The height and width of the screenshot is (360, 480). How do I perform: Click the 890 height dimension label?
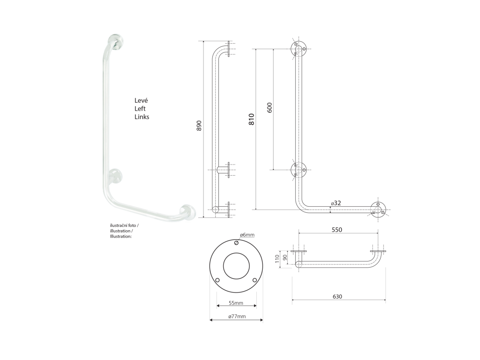199,126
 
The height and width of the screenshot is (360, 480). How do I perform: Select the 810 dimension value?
251,119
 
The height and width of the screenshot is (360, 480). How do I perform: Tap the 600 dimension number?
270,108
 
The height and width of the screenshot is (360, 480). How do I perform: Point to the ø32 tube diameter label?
336,203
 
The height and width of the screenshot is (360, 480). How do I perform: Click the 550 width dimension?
337,230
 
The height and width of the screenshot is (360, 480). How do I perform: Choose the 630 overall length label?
337,296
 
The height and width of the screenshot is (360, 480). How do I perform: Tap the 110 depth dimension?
277,259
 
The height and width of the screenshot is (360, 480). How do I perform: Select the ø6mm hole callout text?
247,235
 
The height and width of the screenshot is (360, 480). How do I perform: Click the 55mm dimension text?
236,303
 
